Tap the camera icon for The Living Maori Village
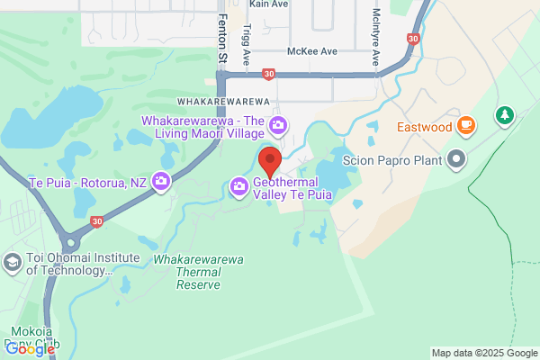(x=279, y=124)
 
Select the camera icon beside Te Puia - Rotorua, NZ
(x=161, y=181)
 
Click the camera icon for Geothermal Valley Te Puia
(x=239, y=186)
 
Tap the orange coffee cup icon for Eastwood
(x=465, y=126)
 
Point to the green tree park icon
(x=506, y=115)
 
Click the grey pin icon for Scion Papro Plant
(x=456, y=160)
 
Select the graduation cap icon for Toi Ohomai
(x=13, y=262)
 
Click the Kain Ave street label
(x=269, y=4)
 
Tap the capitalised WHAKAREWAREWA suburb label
(x=224, y=102)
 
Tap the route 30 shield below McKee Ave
(x=268, y=74)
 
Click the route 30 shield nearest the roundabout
(x=96, y=220)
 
